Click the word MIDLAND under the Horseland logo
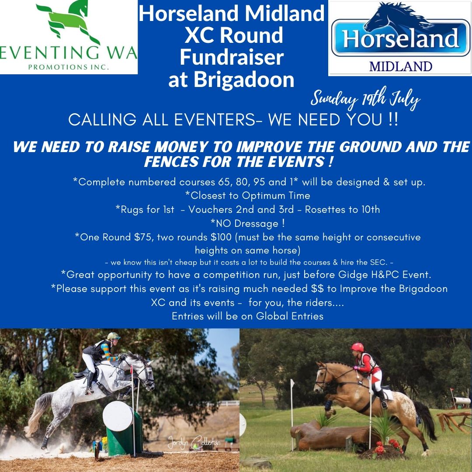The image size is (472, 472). click(x=401, y=66)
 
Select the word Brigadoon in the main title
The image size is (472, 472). click(x=244, y=80)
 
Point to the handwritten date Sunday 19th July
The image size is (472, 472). click(x=365, y=99)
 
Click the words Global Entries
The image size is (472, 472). click(x=290, y=316)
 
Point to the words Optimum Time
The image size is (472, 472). click(x=276, y=196)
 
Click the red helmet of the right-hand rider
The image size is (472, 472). click(x=357, y=347)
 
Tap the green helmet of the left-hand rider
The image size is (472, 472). click(x=114, y=336)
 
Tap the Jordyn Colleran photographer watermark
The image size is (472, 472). click(x=194, y=443)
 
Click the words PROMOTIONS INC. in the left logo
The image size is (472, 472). click(x=69, y=67)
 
